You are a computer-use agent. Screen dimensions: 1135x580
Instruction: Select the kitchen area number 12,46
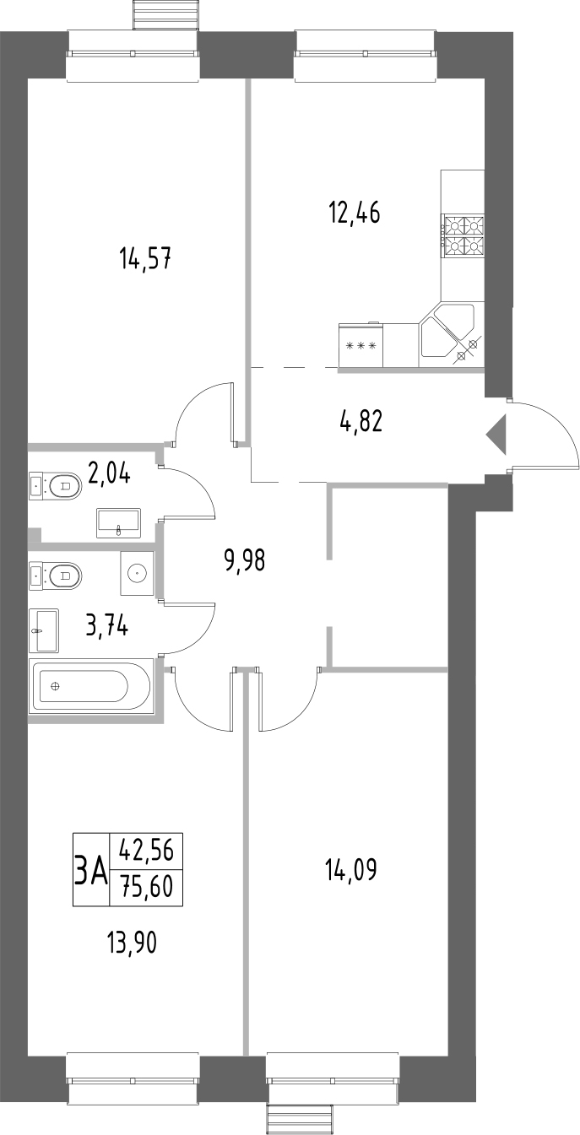coord(354,212)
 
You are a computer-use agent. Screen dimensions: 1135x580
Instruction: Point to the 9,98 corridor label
coord(244,559)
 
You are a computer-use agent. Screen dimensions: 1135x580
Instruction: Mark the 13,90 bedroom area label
coord(133,939)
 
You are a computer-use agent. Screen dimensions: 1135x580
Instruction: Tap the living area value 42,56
coord(146,851)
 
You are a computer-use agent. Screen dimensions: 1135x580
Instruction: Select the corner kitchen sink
coord(447,333)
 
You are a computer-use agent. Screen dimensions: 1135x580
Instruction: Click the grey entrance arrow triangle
coord(496,435)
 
